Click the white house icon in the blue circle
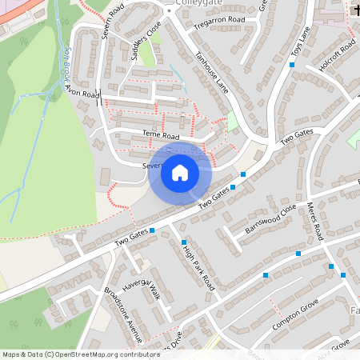tap(179, 172)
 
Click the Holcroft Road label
tap(335, 57)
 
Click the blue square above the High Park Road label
tap(184, 242)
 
